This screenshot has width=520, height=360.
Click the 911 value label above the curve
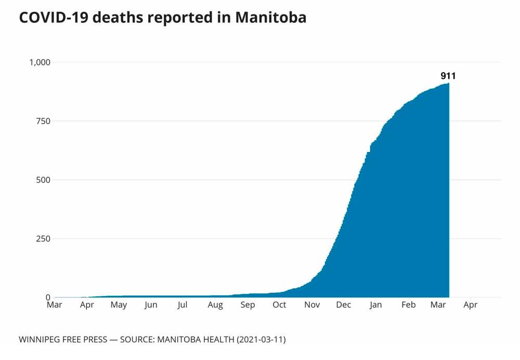tap(448, 76)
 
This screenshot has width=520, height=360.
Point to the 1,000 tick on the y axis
tap(39, 62)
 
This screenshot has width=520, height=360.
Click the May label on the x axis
tap(119, 305)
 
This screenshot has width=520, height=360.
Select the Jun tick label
tap(151, 305)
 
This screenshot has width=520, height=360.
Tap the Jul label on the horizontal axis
tap(182, 305)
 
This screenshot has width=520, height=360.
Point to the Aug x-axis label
tap(215, 305)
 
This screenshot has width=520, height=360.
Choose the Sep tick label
tap(248, 305)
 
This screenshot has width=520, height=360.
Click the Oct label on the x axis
tap(279, 305)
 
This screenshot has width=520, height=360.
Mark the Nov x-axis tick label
tap(312, 305)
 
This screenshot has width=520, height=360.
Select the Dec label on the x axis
tap(344, 305)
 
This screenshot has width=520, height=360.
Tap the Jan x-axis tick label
tap(376, 305)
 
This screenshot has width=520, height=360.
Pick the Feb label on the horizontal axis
tap(408, 305)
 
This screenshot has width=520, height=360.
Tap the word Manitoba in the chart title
tap(270, 18)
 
